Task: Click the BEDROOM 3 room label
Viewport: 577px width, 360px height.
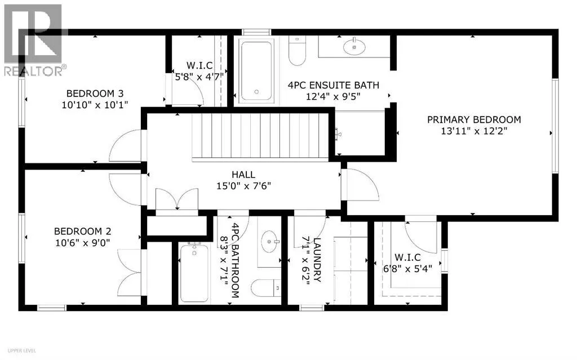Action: (95, 93)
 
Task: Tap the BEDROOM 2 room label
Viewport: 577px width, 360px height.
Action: (82, 231)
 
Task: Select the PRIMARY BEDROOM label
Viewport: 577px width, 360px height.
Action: (474, 119)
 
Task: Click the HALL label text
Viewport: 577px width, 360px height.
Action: (243, 175)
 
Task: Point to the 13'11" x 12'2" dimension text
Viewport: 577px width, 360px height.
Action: (474, 131)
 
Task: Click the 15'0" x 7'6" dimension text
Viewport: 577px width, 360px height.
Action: (243, 186)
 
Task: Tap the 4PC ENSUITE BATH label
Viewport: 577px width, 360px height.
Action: (334, 86)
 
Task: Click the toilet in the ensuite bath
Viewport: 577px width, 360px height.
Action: (298, 51)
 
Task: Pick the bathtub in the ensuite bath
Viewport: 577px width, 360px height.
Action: (256, 71)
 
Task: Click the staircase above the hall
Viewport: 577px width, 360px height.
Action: (260, 137)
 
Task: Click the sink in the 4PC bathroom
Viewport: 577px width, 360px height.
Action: (270, 242)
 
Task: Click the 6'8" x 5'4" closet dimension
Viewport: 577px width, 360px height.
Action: (407, 269)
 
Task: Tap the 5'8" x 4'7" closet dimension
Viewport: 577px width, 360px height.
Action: (199, 77)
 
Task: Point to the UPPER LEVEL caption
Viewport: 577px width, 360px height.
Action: (22, 351)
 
